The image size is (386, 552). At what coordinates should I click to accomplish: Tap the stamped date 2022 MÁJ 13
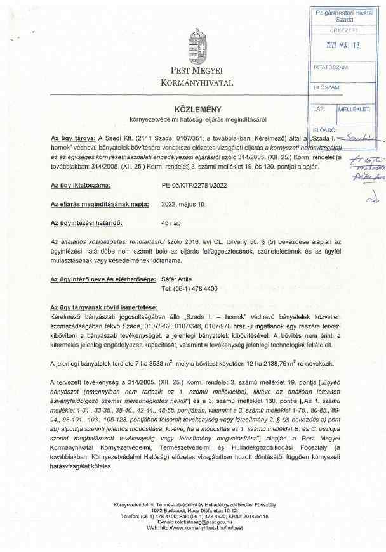342,46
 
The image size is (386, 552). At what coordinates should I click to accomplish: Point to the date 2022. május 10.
183,205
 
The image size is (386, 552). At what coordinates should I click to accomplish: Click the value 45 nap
172,224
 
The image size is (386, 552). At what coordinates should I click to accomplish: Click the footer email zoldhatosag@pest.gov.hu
194,522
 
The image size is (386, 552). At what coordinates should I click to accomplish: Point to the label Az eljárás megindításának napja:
100,205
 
